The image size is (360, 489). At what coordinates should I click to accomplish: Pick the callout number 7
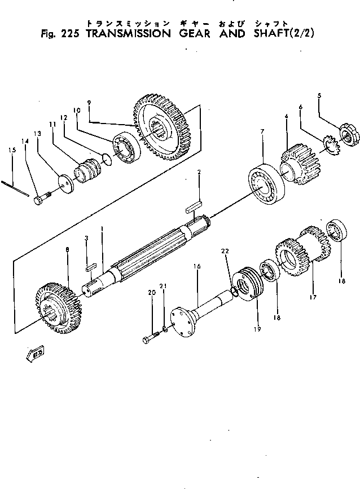(x=262, y=131)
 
